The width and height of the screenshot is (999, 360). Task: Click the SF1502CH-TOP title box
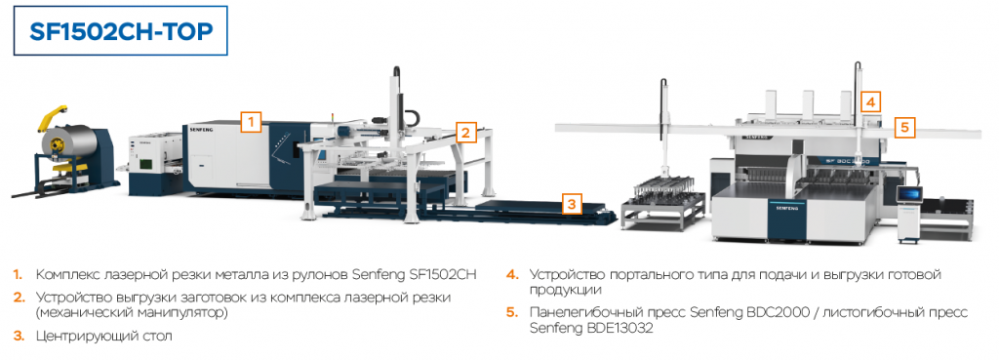pos(120,31)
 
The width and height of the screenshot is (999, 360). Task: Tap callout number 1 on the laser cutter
pos(251,121)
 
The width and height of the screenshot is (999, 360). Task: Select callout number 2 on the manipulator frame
pos(465,133)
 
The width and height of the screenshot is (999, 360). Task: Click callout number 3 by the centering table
pos(572,205)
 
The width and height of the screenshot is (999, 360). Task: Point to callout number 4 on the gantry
pos(871,101)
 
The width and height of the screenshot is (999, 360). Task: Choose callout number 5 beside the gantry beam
pos(904,128)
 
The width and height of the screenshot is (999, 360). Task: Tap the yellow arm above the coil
pos(50,120)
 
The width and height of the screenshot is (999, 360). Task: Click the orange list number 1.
pos(18,275)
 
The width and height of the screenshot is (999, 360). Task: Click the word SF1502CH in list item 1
pos(445,275)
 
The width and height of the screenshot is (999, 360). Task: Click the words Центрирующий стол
pos(103,336)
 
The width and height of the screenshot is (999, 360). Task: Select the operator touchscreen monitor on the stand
pos(910,196)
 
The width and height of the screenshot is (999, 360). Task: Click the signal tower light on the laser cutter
pos(332,118)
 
